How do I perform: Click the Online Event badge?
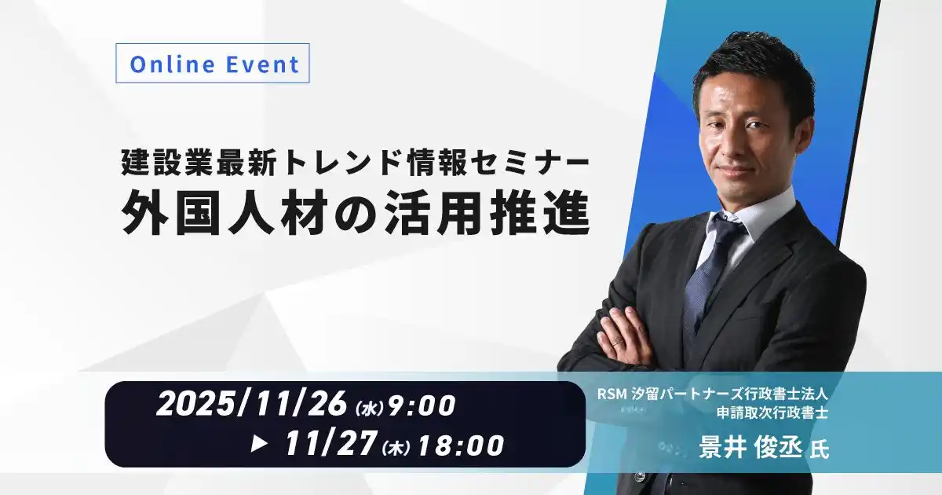213,64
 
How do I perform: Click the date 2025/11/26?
251,405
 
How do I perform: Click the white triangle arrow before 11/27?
259,445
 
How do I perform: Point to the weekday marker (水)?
368,409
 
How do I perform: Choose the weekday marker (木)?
396,449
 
